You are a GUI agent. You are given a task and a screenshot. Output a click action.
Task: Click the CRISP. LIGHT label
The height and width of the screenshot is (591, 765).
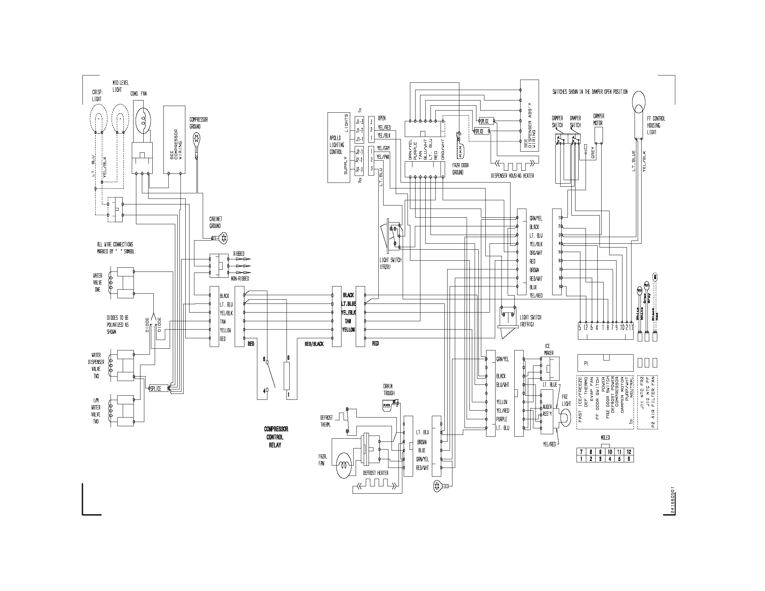click(97, 96)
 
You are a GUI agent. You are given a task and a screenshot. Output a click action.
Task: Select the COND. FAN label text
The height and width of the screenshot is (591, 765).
click(138, 94)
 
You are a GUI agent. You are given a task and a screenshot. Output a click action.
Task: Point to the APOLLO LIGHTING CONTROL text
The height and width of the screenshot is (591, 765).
click(337, 145)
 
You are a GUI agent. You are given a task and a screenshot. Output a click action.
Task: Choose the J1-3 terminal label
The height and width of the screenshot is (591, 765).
click(359, 122)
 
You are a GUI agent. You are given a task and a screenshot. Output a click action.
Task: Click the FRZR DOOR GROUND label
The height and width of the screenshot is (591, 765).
click(460, 169)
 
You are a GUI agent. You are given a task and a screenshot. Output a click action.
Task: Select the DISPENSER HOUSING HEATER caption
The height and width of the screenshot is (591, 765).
click(513, 176)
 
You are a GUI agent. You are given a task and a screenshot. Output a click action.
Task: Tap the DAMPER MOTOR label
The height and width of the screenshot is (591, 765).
click(598, 119)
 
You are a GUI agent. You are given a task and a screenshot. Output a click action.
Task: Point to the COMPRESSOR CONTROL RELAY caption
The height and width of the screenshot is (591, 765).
click(276, 437)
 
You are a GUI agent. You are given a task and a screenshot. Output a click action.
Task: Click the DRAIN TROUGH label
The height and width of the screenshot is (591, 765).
click(389, 390)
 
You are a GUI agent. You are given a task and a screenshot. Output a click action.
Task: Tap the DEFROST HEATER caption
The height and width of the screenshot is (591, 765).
click(376, 473)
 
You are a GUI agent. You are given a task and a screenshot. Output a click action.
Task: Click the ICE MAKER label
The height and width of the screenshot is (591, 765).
click(548, 349)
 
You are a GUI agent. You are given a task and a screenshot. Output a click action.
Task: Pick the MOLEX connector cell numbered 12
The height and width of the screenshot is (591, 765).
click(629, 452)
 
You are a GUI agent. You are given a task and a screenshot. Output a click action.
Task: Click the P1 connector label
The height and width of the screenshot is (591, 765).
click(586, 363)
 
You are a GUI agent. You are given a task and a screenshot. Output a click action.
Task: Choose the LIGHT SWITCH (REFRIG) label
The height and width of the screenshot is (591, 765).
click(530, 321)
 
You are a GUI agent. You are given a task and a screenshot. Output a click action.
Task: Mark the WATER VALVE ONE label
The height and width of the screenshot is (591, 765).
click(98, 283)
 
